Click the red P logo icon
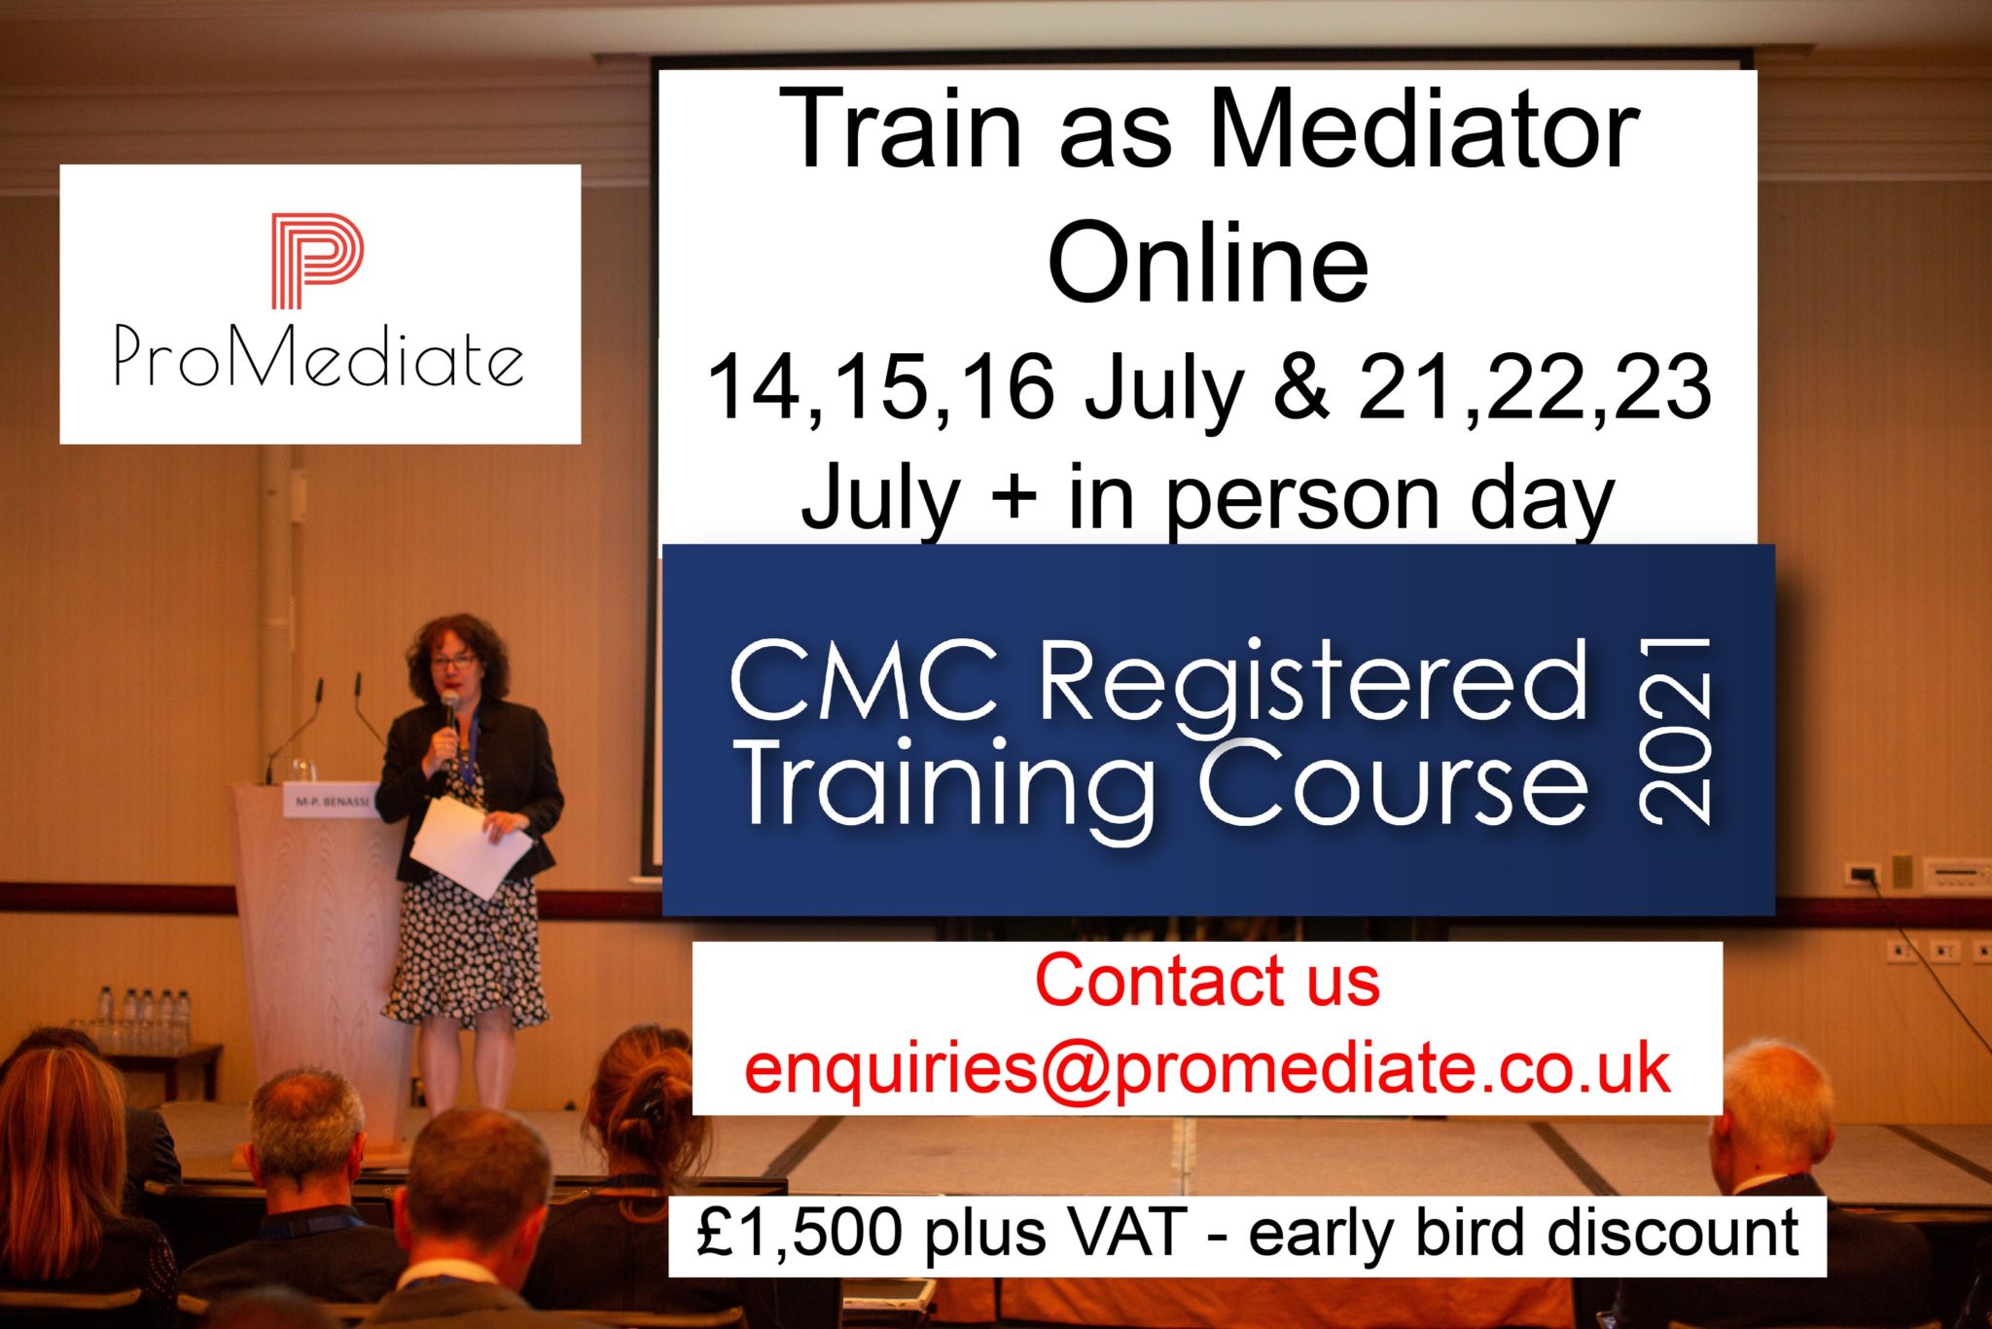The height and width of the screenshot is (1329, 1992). (x=317, y=261)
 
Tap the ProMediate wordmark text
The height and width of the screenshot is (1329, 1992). (x=319, y=356)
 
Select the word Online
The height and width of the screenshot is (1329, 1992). (x=1208, y=262)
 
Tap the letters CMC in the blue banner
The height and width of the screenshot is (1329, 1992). (x=865, y=681)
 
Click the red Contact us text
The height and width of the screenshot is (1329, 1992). (x=1207, y=980)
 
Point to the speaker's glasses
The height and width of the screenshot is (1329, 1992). (x=452, y=662)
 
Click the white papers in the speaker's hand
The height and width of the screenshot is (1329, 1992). (x=471, y=846)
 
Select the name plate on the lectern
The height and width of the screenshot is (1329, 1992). (x=331, y=804)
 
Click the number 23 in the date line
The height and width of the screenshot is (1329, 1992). (x=1670, y=387)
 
